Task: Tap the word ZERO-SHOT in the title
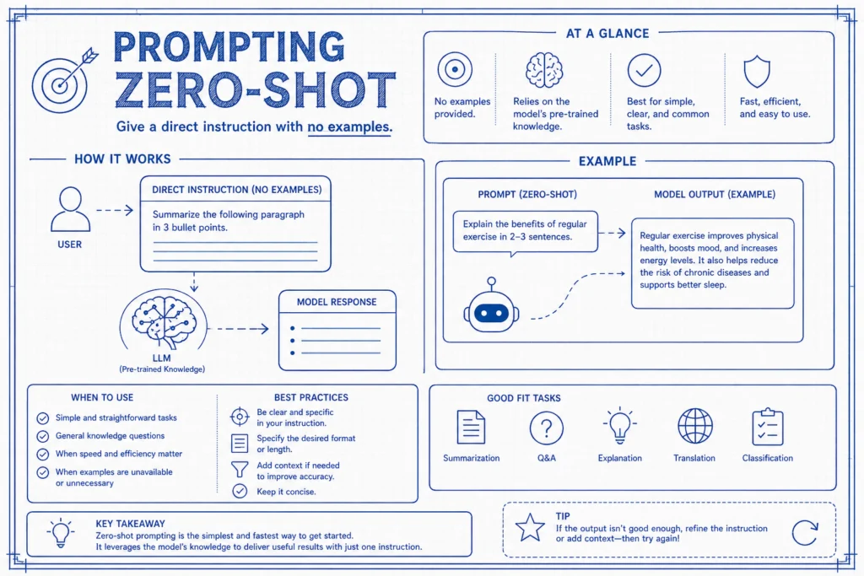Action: tap(255, 90)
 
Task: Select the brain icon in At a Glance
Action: tap(544, 70)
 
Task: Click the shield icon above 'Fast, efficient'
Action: tap(757, 71)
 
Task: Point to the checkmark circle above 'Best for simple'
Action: tap(644, 70)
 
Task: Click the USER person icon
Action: tap(71, 209)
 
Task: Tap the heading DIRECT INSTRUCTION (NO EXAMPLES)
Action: tap(237, 190)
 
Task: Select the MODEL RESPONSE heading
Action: tap(337, 302)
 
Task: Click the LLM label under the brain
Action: tap(162, 358)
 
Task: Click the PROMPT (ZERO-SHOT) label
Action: tap(527, 194)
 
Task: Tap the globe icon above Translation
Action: tap(695, 426)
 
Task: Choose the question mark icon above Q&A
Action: tap(546, 428)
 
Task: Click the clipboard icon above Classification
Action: tap(768, 426)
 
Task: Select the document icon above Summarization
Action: tap(471, 427)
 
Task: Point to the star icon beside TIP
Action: tap(530, 528)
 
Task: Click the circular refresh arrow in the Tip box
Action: tap(805, 532)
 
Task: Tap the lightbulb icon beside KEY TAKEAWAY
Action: tap(61, 532)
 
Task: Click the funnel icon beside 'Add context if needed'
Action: tap(240, 469)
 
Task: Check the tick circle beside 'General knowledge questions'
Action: tap(42, 436)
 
